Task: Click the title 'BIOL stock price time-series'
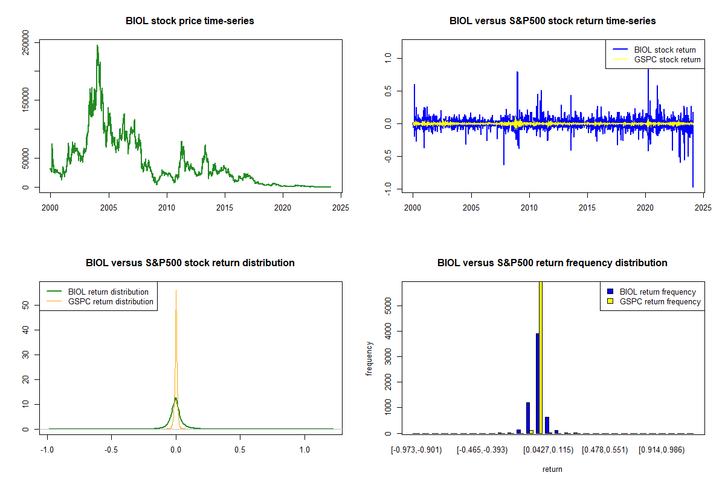[x=190, y=21]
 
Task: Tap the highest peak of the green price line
[x=97, y=45]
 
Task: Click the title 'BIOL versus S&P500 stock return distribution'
[x=190, y=263]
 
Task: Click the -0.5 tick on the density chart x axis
[x=111, y=450]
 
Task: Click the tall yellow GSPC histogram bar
[x=541, y=357]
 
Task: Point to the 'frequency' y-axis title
[x=370, y=358]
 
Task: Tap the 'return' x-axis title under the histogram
[x=552, y=469]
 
